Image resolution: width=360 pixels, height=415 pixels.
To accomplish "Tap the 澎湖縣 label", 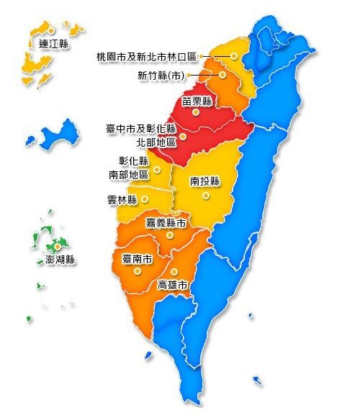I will click(x=60, y=260).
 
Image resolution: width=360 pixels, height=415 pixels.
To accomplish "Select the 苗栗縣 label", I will click(x=196, y=101).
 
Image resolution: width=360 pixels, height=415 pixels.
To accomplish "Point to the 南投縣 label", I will click(x=205, y=182).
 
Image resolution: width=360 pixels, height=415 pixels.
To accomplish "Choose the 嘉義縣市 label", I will click(x=166, y=224).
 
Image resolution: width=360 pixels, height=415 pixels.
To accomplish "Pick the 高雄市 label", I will click(x=173, y=286).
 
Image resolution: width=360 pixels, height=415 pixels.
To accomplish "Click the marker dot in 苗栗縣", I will click(x=196, y=113).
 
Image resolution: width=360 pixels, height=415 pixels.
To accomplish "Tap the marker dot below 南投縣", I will click(x=205, y=195).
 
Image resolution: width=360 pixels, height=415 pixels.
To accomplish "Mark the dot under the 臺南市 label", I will click(x=137, y=272).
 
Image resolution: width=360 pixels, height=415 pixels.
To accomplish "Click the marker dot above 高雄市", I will click(x=174, y=272).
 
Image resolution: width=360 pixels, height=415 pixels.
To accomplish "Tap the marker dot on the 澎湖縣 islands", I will click(x=58, y=247).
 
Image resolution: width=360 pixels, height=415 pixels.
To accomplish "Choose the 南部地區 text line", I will click(x=129, y=174).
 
